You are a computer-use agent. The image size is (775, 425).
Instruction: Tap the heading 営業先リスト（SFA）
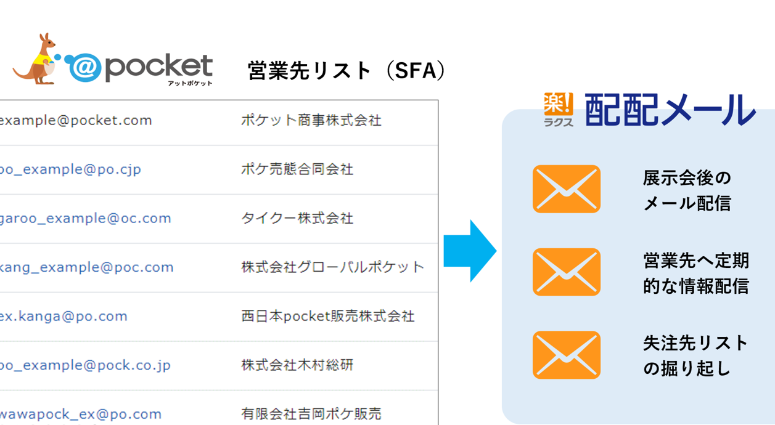click(346, 71)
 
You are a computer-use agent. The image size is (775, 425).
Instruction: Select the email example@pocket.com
click(76, 120)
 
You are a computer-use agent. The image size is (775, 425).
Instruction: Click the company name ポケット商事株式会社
click(311, 120)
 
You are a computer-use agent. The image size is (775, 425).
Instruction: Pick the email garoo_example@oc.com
click(85, 218)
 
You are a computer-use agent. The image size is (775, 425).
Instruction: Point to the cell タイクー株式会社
click(297, 218)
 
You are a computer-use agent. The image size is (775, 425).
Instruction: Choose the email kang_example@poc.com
click(86, 267)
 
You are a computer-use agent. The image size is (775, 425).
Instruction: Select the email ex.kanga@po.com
click(64, 316)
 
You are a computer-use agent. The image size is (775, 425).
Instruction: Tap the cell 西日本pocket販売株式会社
click(327, 316)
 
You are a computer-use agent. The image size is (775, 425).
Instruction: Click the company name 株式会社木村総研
click(297, 365)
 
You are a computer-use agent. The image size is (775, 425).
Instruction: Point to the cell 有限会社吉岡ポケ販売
click(311, 414)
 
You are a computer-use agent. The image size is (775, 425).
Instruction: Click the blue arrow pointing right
click(470, 251)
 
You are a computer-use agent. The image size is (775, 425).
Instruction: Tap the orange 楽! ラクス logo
click(558, 110)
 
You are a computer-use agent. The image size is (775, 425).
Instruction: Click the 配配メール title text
click(670, 111)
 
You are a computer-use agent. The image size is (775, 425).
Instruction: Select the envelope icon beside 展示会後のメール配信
click(566, 189)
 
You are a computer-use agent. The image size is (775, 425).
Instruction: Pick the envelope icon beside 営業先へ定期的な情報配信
click(566, 272)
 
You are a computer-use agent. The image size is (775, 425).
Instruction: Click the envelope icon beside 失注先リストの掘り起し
click(566, 355)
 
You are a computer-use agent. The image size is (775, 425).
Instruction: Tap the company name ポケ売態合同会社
click(297, 169)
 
